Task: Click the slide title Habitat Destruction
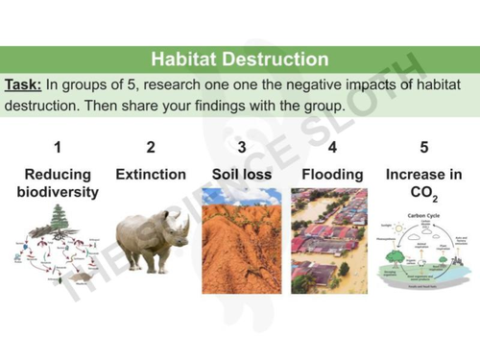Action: tap(240, 60)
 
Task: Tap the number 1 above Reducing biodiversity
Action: tap(58, 147)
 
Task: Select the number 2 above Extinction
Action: tap(150, 147)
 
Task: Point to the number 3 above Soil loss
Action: tap(241, 147)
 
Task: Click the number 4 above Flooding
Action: tap(332, 147)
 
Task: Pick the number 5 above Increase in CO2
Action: tap(423, 147)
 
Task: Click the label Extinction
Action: tap(150, 175)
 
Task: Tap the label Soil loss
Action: tap(241, 175)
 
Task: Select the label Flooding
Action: tap(332, 175)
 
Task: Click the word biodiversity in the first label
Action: tap(58, 192)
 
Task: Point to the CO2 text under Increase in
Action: tap(423, 194)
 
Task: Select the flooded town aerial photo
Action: tap(332, 242)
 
